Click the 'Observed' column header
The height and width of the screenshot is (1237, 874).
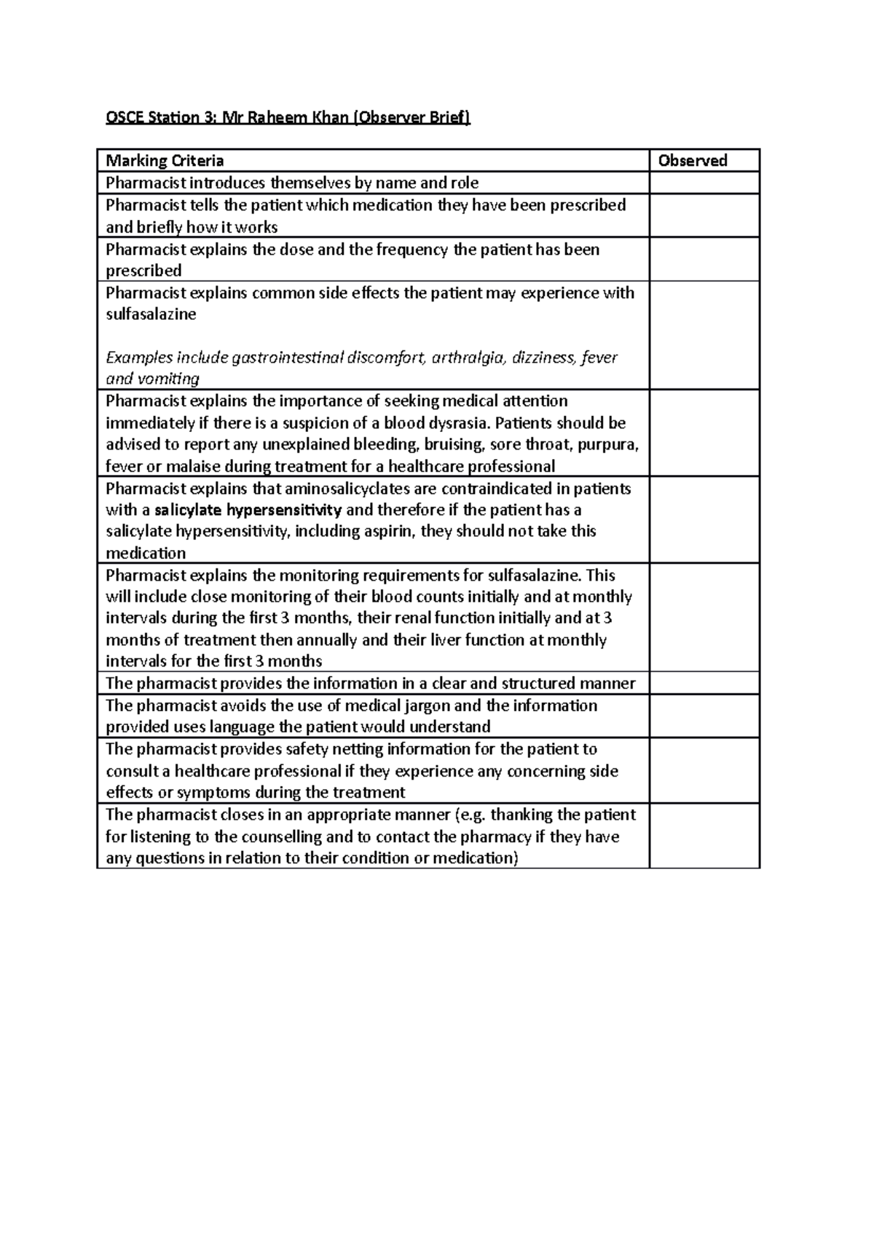(692, 161)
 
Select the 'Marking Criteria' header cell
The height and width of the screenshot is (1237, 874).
(165, 161)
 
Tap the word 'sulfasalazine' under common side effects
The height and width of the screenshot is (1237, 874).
(151, 315)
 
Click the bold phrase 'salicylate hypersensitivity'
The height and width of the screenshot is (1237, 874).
(248, 509)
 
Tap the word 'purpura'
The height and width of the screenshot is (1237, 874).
(610, 445)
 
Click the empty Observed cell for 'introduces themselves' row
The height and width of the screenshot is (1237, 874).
(704, 183)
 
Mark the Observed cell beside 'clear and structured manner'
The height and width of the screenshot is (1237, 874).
(704, 683)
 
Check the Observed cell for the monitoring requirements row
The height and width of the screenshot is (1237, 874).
(704, 617)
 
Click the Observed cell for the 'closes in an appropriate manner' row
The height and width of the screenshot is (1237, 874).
(704, 836)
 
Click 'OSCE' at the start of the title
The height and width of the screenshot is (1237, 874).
(122, 117)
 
